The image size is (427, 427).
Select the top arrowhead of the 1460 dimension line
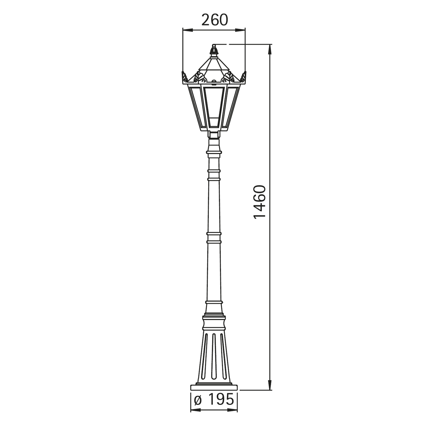[x=270, y=49]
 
